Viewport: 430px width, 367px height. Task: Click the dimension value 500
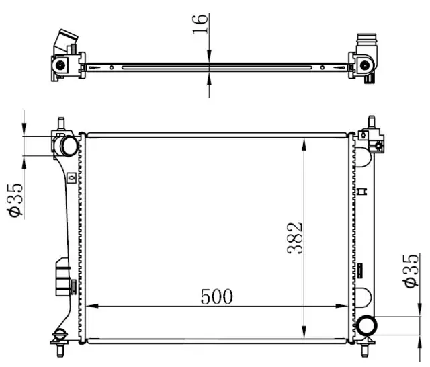(216, 297)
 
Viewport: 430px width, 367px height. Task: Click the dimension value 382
(295, 238)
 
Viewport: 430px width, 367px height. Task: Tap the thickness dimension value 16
(200, 24)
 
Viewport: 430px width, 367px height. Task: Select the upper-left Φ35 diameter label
(15, 200)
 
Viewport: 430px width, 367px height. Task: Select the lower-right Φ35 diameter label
(411, 271)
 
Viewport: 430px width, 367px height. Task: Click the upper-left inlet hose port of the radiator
(67, 146)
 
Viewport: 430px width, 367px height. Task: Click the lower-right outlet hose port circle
(367, 325)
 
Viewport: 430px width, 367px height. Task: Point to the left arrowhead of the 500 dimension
(92, 306)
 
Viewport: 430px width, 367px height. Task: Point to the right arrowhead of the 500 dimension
(342, 306)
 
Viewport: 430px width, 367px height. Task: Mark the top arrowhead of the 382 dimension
(304, 145)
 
